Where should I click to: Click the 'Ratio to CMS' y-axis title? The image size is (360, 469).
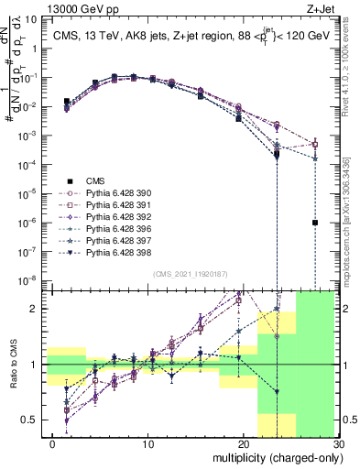click(12, 366)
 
